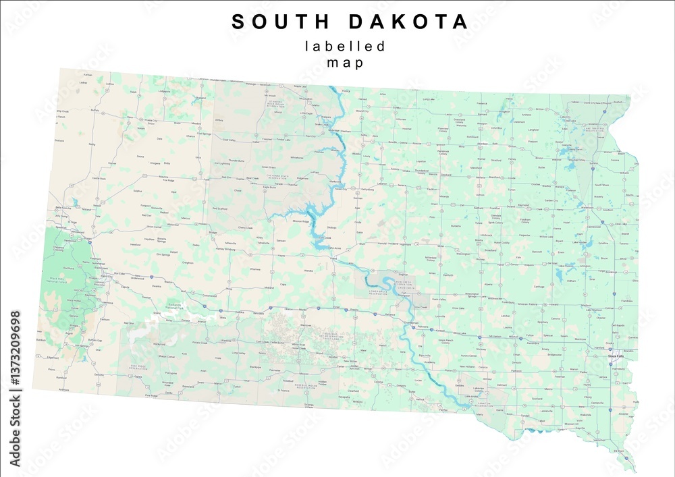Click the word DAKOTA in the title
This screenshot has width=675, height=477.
tap(408, 22)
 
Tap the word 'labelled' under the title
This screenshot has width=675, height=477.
tap(345, 47)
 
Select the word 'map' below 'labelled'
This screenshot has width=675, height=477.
tap(345, 63)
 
